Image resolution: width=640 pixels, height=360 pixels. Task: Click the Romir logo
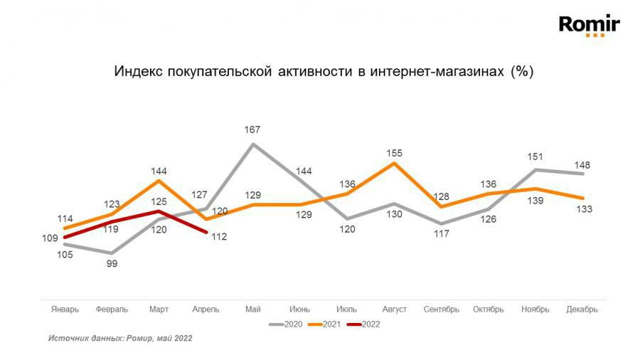[x=590, y=26]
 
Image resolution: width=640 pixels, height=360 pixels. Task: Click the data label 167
[x=252, y=129]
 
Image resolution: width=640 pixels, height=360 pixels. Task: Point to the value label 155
[x=395, y=152]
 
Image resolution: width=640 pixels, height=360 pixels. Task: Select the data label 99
[x=112, y=263]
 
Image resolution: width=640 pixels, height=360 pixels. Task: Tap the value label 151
[x=535, y=157]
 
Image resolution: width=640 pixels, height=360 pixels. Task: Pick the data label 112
[x=219, y=237]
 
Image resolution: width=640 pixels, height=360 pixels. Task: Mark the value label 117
[x=441, y=233]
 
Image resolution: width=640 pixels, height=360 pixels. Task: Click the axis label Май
[x=252, y=309]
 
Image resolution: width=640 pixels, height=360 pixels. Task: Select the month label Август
[x=394, y=309]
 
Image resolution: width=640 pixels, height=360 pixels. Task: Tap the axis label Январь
[x=65, y=309]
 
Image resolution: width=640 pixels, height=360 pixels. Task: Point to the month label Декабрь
[x=582, y=309]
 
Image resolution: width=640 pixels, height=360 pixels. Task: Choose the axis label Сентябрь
[x=441, y=309]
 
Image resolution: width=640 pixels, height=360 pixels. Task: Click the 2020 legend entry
[x=287, y=324]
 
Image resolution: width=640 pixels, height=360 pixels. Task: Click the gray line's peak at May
[x=252, y=144]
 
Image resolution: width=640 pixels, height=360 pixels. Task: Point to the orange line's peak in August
[x=394, y=163]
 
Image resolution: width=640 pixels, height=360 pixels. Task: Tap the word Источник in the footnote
[x=67, y=339]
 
